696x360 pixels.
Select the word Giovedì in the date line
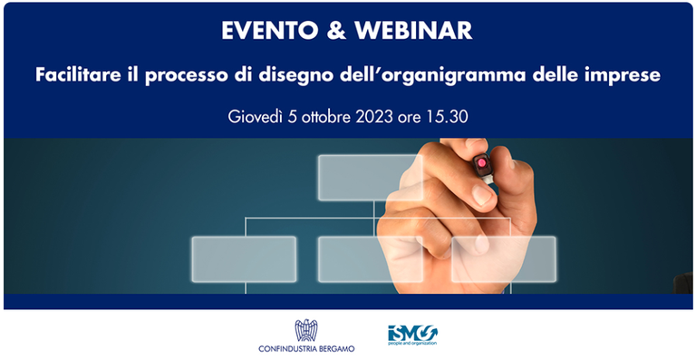coord(262,116)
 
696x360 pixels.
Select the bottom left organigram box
coord(244,258)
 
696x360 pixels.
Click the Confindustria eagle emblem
coord(305,330)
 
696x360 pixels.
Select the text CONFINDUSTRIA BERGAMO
coord(305,348)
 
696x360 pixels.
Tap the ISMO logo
coord(411,335)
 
